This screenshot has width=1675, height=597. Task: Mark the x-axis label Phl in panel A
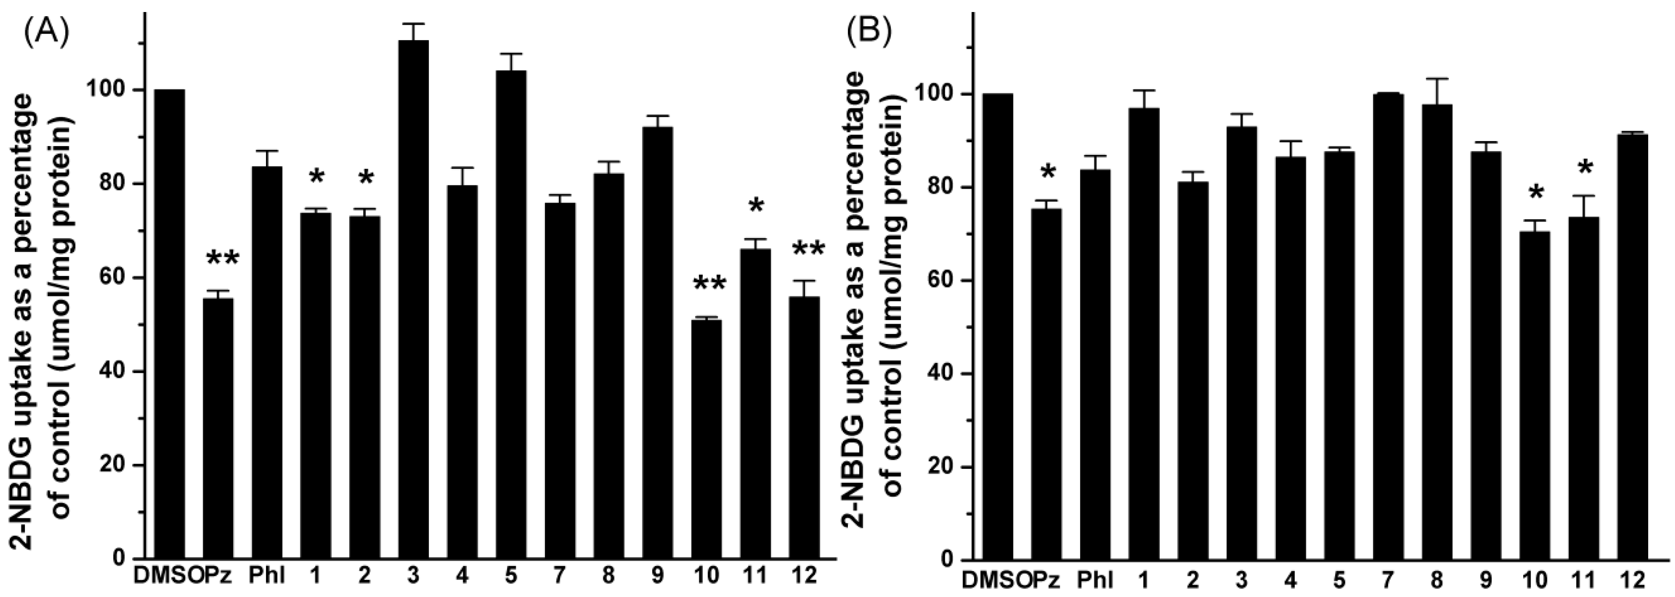pos(266,577)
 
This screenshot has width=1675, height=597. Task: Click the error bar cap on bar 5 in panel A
pos(511,54)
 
